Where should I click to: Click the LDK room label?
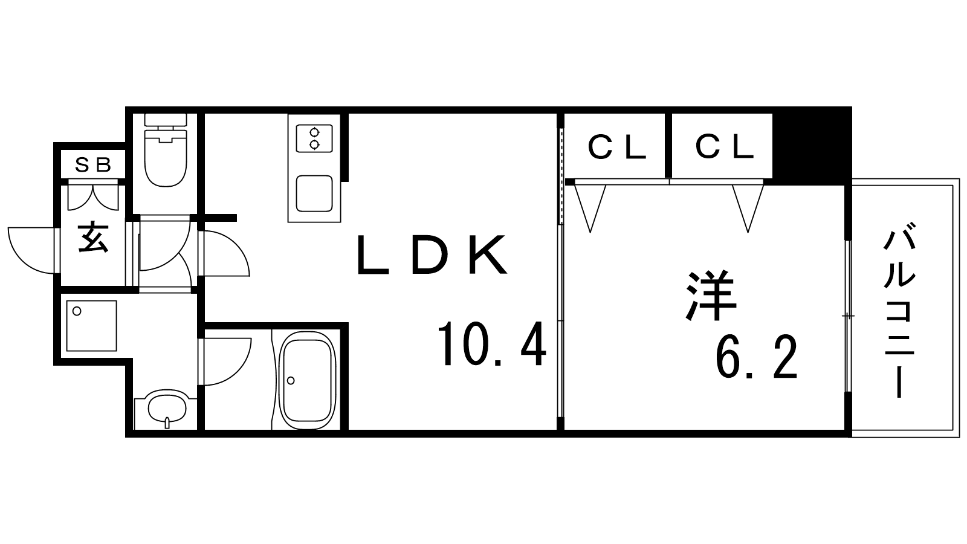(x=432, y=255)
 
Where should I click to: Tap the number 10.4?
(x=492, y=344)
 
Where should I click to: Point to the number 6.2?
(x=756, y=357)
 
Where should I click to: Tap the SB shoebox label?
(x=93, y=164)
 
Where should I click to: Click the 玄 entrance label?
(x=93, y=237)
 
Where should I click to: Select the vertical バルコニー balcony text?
(x=900, y=310)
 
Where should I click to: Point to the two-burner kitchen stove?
(x=314, y=138)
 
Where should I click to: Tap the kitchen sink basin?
(x=314, y=193)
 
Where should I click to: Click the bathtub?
(x=308, y=380)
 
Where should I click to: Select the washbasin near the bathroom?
(x=167, y=407)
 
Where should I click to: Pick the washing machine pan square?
(x=92, y=326)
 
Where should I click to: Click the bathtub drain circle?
(x=291, y=380)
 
